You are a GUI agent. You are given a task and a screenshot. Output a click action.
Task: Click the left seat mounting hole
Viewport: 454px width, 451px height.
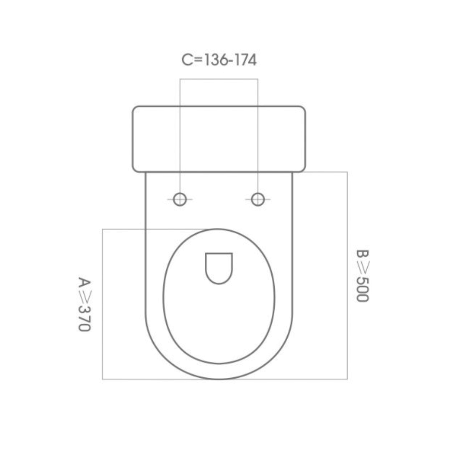point(180,199)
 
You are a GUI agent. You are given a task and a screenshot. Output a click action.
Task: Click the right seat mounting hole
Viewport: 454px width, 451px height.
point(258,199)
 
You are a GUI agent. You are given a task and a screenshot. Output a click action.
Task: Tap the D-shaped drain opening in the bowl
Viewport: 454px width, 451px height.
point(219,267)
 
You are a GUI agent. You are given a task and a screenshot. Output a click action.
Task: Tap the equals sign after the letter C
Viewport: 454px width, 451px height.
point(198,60)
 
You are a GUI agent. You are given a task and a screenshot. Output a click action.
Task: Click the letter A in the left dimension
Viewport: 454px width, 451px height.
point(84,282)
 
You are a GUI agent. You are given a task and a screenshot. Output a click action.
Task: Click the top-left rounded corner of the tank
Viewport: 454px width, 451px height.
point(135,109)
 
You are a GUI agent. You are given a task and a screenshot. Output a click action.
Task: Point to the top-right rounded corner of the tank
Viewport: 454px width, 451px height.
point(302,109)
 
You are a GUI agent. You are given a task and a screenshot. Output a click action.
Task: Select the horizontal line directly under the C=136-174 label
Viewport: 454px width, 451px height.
point(219,79)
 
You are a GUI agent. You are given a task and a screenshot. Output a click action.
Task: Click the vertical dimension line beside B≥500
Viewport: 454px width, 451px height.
point(347,275)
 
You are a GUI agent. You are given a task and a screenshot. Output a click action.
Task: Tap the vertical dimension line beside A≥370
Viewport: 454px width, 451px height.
point(102,304)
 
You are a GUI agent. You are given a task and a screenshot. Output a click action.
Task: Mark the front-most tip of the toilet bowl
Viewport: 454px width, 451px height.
point(219,379)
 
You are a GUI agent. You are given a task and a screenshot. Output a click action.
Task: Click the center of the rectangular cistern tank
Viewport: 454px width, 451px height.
point(219,139)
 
